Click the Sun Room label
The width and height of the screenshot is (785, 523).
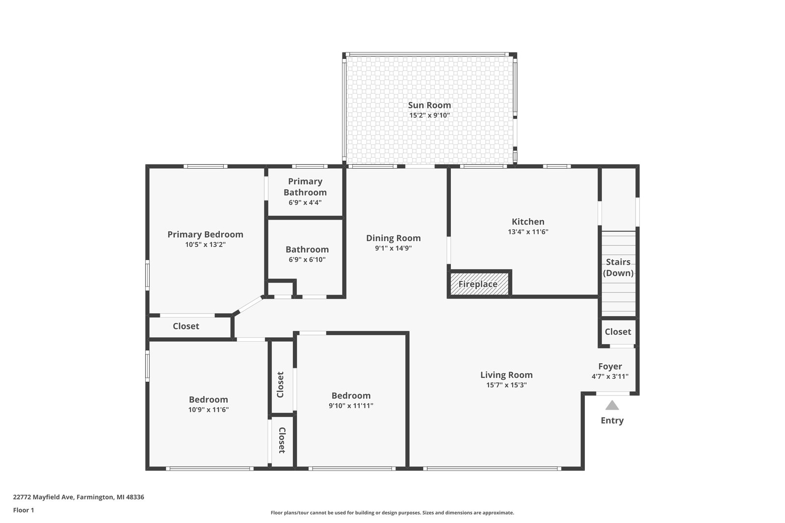(429, 105)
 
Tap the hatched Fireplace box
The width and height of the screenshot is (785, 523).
(479, 284)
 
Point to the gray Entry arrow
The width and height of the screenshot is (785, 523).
(612, 405)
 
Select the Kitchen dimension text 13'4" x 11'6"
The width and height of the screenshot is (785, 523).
(528, 232)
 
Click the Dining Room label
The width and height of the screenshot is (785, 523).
(393, 238)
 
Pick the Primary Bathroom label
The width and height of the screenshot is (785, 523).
(305, 187)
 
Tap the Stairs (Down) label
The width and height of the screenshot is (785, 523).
(618, 268)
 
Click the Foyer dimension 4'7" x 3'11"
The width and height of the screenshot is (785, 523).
(610, 376)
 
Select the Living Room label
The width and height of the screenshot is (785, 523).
(506, 375)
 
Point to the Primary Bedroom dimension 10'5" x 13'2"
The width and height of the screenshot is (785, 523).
(206, 245)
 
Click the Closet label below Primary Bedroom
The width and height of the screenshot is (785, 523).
(186, 326)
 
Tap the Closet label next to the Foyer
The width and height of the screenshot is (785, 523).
(618, 332)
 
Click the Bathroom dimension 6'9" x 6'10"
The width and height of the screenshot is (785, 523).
(307, 260)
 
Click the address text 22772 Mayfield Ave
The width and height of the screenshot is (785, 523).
(43, 497)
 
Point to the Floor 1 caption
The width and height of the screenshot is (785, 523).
(24, 510)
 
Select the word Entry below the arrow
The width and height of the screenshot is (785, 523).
(612, 421)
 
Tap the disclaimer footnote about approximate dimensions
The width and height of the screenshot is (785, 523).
(392, 513)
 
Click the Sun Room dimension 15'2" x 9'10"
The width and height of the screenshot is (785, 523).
(429, 115)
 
